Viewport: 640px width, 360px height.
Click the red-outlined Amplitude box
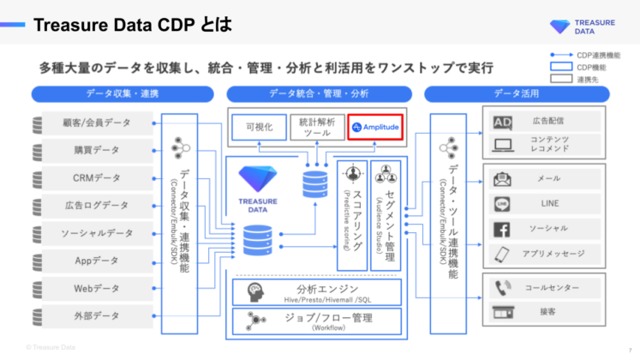pos(375,127)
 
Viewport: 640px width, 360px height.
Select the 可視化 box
pos(258,127)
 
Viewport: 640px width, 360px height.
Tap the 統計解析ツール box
pos(315,127)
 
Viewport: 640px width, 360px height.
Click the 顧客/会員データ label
pos(96,123)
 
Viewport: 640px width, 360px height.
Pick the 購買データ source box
pos(96,151)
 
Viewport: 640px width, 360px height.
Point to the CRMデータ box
pos(96,178)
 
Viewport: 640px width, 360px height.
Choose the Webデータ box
pos(96,288)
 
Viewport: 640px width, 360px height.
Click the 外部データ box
pos(96,315)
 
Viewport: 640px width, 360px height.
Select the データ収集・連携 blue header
pos(123,93)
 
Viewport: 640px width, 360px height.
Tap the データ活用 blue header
pos(517,93)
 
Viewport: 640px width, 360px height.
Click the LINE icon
pos(503,205)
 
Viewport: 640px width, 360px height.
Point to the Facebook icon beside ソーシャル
pos(503,230)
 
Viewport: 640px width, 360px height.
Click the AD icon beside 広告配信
pos(503,123)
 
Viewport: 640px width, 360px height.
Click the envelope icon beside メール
pos(503,179)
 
